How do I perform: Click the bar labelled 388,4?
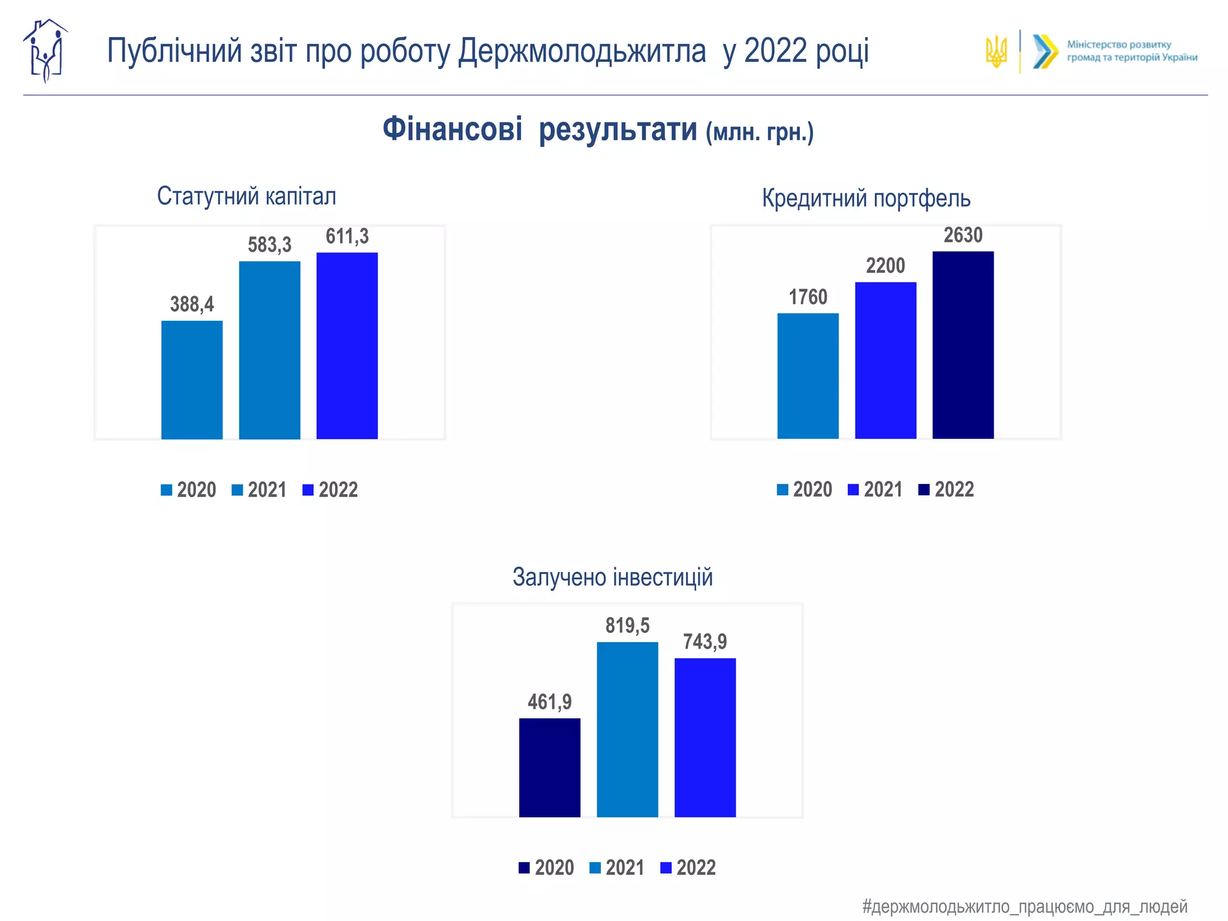tap(192, 380)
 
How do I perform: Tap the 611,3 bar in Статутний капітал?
tap(347, 345)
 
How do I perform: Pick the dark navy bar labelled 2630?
tap(963, 345)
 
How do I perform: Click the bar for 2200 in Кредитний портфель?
tap(886, 360)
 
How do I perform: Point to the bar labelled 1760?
tap(808, 375)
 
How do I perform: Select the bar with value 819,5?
tap(627, 729)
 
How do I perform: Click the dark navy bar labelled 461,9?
tap(550, 767)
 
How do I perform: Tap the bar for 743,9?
tap(705, 738)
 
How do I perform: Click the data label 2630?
tap(963, 235)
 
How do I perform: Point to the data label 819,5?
tap(627, 625)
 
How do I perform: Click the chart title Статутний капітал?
tap(246, 196)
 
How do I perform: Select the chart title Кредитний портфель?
tap(866, 198)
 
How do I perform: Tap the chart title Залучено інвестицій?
tap(612, 577)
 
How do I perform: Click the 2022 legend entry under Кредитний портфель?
tap(946, 489)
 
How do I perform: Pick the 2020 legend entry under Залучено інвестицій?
tap(546, 867)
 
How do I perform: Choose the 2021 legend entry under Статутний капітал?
tap(259, 490)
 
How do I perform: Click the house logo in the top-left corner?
tap(45, 51)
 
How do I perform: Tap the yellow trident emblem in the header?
tap(996, 52)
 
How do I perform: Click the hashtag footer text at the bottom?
tap(1024, 906)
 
